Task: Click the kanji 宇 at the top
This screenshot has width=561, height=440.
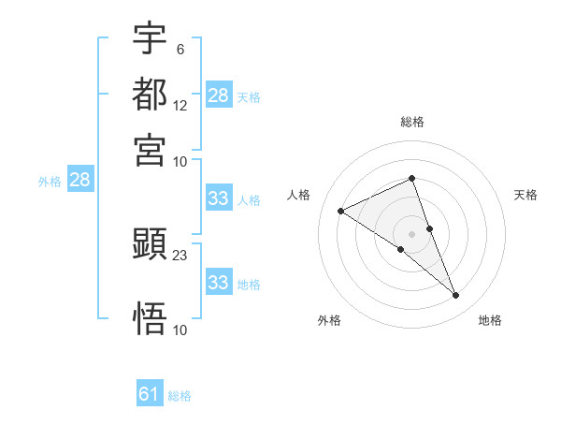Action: [151, 38]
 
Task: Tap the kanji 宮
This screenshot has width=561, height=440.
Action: [151, 150]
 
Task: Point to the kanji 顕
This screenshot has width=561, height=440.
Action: [151, 245]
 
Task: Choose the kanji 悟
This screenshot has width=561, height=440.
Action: [151, 319]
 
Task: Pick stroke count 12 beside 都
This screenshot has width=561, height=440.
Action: [180, 106]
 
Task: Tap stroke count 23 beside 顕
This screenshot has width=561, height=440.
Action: [180, 256]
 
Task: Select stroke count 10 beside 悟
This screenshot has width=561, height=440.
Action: [180, 330]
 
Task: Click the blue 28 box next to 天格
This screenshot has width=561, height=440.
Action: [218, 95]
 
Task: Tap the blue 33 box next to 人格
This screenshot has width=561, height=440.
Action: [218, 198]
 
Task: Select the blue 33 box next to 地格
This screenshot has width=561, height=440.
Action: [218, 283]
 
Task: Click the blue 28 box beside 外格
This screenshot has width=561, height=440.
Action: [79, 181]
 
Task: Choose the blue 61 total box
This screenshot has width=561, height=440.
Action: [150, 394]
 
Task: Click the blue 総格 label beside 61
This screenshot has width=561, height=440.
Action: [180, 396]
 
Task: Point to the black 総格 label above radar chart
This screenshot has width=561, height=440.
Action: [411, 122]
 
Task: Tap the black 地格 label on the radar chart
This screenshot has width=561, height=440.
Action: [490, 321]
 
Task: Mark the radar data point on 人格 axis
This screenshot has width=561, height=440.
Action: [341, 211]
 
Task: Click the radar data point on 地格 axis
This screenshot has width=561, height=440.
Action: [456, 296]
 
